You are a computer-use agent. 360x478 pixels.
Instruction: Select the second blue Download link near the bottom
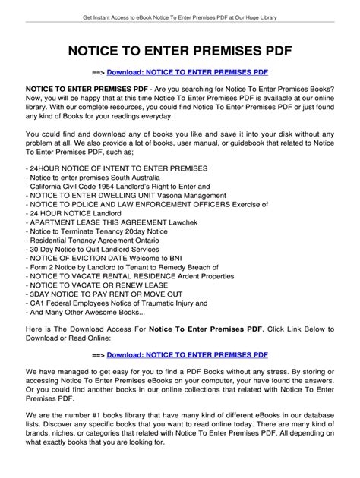tap(188, 354)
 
